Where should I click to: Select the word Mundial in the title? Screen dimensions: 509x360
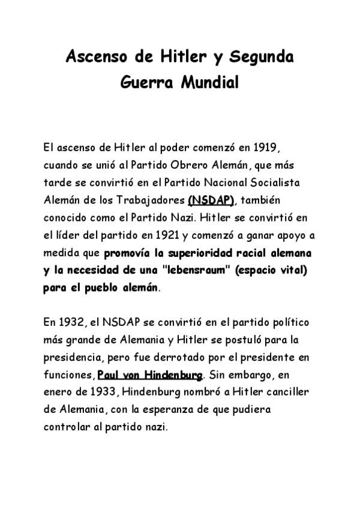pos(208,81)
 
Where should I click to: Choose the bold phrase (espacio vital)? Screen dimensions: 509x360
pos(271,270)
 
